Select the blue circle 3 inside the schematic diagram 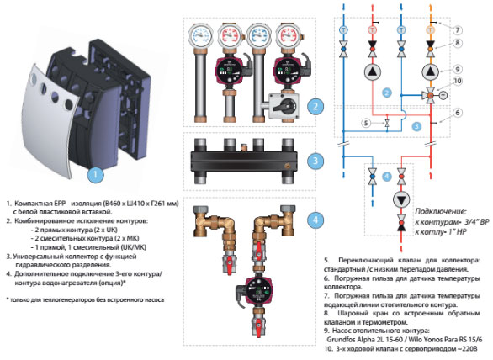(417, 124)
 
